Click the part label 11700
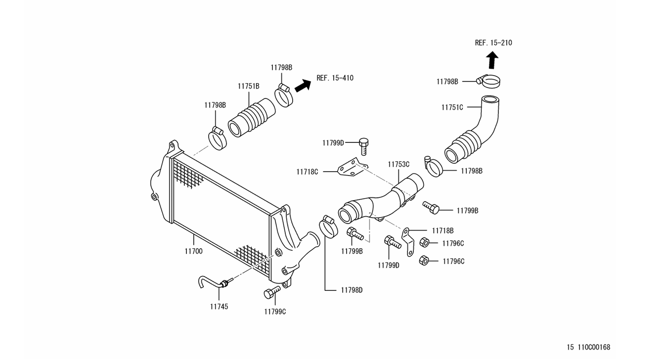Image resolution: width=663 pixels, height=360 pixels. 193,251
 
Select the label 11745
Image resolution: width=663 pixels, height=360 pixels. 219,307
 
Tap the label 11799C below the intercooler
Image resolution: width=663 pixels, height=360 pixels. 275,312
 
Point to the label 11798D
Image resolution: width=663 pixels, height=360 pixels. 352,290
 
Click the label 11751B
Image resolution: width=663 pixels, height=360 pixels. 248,86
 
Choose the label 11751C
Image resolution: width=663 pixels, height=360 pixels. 452,107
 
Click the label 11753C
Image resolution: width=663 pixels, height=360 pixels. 398,164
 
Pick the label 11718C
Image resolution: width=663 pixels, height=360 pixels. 307,172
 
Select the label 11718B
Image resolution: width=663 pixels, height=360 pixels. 442,230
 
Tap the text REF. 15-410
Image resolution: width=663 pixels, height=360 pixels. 335,78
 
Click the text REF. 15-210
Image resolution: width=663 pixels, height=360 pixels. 493,43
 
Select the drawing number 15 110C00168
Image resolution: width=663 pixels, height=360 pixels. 588,347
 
